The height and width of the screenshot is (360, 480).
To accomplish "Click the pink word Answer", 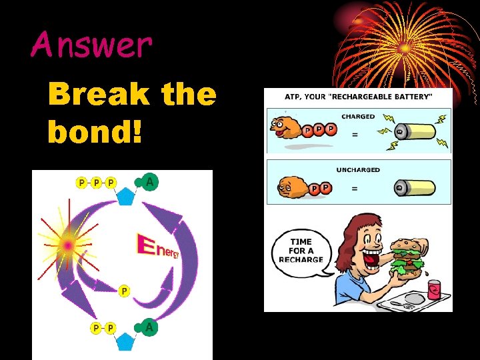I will point(91,45).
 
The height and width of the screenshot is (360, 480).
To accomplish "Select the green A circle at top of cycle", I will point(150,182).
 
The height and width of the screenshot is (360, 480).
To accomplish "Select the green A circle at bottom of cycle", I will point(150,327).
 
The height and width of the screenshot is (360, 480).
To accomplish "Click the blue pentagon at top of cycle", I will point(125,197).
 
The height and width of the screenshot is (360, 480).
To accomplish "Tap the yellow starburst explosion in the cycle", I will point(68,246).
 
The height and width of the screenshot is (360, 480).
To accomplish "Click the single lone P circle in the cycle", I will point(123,291).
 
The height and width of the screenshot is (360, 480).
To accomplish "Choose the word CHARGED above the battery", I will point(358,117).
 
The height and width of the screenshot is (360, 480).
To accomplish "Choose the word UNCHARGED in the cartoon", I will point(358,170).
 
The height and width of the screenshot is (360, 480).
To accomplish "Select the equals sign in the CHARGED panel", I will point(355,135).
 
